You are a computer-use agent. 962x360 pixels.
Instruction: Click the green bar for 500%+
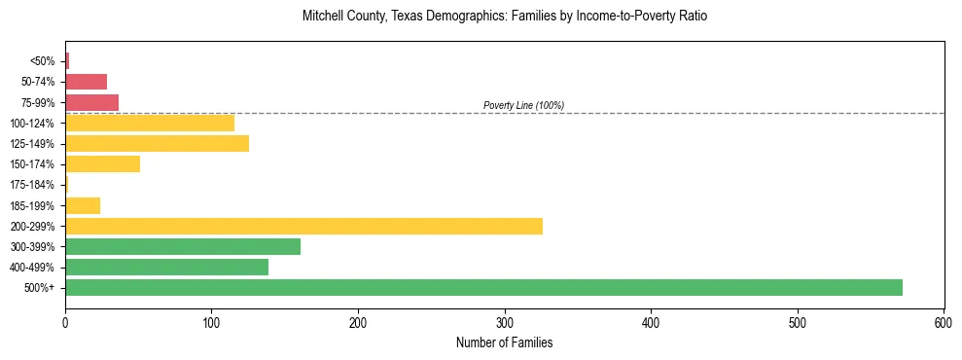click(x=483, y=287)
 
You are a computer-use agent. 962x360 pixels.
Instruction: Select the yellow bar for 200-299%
click(x=303, y=226)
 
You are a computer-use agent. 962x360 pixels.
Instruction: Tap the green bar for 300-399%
click(x=183, y=246)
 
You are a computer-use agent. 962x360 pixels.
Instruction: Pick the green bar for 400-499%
click(x=166, y=267)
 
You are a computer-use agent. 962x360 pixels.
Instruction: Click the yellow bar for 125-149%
click(x=157, y=143)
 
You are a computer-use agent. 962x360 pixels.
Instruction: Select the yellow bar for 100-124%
click(x=150, y=123)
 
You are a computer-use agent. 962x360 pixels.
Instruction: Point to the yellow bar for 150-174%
click(x=102, y=163)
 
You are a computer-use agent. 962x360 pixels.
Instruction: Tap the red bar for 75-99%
click(x=91, y=102)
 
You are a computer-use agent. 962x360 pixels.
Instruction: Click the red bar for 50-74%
click(x=86, y=81)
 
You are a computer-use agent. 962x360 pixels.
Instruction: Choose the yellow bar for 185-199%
click(x=83, y=205)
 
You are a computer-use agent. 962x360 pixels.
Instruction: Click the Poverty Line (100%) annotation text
click(x=523, y=105)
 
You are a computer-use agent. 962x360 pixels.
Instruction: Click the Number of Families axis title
click(x=504, y=342)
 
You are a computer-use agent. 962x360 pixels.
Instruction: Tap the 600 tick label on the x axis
click(x=944, y=322)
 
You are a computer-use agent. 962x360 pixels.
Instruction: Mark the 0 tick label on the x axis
click(x=65, y=322)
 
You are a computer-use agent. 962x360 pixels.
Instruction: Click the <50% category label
click(x=42, y=61)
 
